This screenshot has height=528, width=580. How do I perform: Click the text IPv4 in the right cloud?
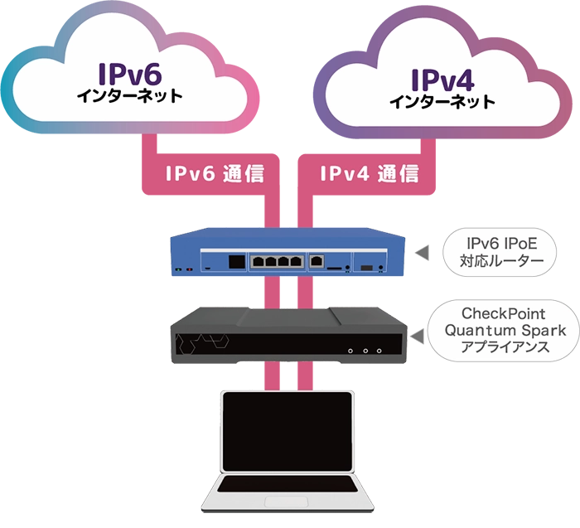(x=442, y=80)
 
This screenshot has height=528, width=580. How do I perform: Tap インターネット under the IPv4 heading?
(x=442, y=103)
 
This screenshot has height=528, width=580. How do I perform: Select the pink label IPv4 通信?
(x=369, y=173)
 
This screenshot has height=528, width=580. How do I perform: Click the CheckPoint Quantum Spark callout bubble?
(x=502, y=330)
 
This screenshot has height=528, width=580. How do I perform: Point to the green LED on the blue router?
(x=177, y=270)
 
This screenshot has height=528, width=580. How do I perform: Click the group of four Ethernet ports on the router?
(x=275, y=261)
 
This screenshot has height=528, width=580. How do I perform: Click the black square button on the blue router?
(x=236, y=261)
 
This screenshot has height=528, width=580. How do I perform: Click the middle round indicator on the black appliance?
(x=365, y=351)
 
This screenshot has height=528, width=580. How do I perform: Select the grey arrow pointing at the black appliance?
(x=423, y=332)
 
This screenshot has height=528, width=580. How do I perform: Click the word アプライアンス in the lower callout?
(x=502, y=347)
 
